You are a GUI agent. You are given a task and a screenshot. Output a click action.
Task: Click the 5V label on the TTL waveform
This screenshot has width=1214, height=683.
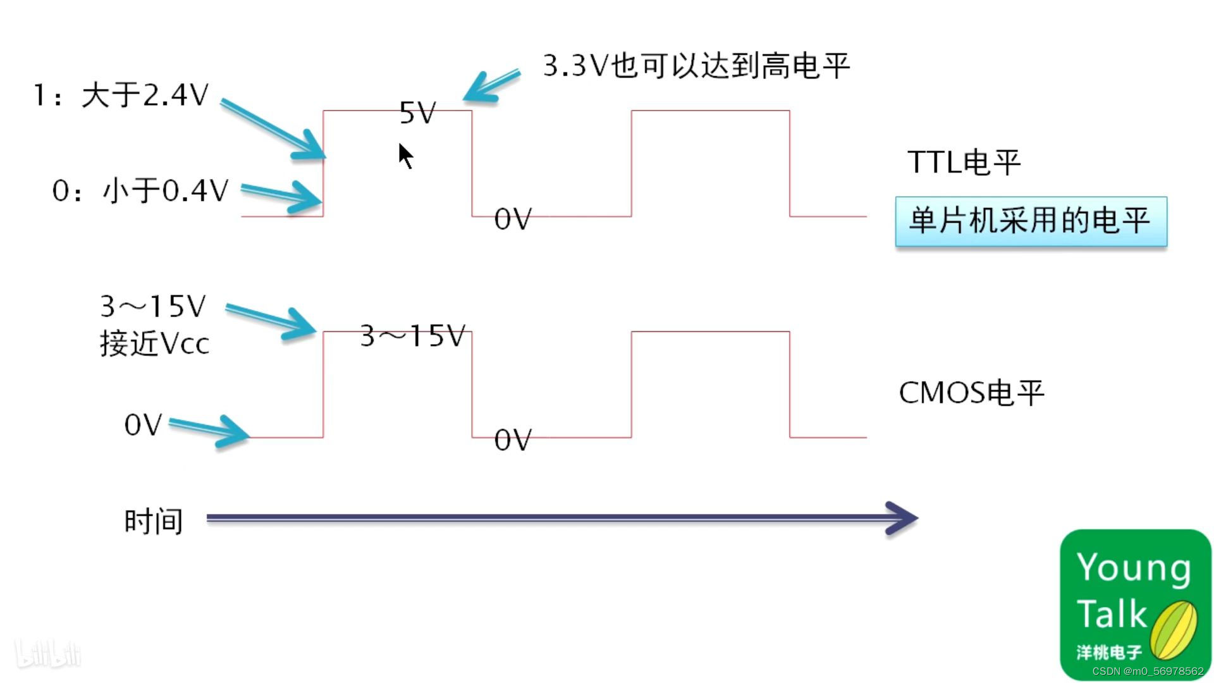(418, 113)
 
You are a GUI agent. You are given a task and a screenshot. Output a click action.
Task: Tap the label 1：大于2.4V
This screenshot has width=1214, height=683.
(121, 95)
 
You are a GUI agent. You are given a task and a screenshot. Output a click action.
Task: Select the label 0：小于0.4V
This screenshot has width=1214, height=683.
(140, 190)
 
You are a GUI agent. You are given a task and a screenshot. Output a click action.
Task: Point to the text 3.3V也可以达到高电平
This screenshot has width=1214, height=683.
(696, 66)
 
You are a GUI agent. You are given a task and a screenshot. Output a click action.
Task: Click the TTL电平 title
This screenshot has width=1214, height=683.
(964, 163)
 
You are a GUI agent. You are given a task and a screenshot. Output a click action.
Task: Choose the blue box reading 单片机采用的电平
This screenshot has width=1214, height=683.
(1031, 221)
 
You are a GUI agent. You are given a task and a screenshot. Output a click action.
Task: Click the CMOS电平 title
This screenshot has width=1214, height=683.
(971, 393)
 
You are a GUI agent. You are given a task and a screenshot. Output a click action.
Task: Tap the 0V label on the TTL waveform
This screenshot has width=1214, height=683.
(513, 219)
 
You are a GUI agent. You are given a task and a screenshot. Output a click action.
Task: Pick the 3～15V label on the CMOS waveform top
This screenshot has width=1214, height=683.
(413, 336)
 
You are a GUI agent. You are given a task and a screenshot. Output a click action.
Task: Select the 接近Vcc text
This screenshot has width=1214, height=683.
(154, 344)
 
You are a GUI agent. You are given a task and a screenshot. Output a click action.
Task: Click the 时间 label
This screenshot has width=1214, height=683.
(154, 522)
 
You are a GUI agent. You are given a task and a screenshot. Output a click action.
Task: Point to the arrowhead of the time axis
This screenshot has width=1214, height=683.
(903, 519)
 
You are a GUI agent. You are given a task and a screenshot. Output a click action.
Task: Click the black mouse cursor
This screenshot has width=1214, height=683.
(405, 155)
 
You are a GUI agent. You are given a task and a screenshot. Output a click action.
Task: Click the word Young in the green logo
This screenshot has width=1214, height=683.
(1134, 567)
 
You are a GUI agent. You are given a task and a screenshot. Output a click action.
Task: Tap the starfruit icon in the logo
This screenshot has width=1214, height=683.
(1174, 631)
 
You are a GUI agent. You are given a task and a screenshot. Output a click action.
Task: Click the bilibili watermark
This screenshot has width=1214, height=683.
(48, 654)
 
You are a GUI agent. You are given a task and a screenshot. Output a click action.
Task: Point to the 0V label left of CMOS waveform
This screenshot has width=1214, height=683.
(144, 425)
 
